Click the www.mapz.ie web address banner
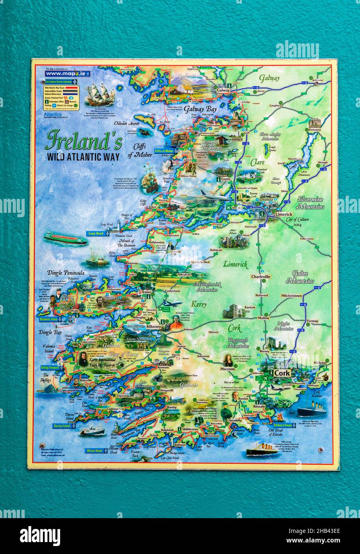click(67, 74)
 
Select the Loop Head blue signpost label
click(97, 234)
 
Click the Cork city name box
click(282, 373)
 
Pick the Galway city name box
click(223, 90)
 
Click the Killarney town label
click(153, 326)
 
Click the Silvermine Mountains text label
click(310, 203)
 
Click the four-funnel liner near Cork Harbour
click(311, 410)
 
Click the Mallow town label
click(264, 318)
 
